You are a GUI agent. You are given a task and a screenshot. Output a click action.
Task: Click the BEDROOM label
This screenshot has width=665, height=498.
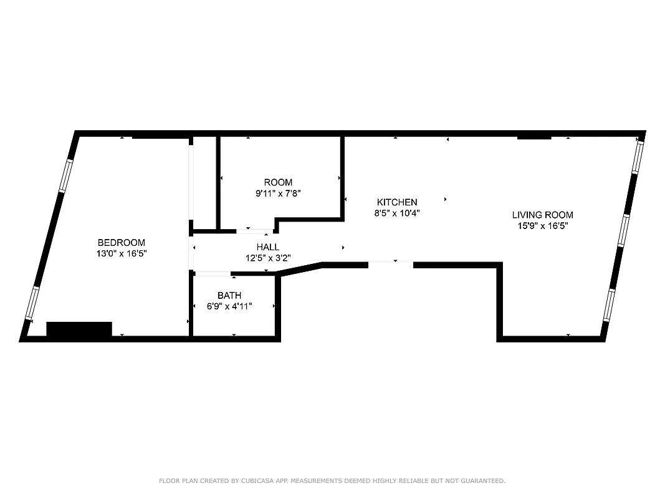point(122,242)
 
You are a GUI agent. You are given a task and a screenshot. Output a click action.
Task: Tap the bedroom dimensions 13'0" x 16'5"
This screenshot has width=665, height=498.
point(122,253)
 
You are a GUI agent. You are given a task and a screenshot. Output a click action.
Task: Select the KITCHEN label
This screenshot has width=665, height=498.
point(397,202)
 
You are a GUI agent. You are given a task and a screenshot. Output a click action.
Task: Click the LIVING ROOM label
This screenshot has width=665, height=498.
point(542,215)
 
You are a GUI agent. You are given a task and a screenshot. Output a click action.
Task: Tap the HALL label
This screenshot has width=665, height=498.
point(268,247)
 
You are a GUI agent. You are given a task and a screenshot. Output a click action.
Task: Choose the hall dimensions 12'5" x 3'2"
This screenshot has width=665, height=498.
point(268,258)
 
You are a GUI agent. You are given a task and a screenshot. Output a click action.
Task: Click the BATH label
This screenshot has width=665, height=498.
point(229,295)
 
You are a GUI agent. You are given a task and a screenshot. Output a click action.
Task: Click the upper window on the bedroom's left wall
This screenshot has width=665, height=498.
point(66,176)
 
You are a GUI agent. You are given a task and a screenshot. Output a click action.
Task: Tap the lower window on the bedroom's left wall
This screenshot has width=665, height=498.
point(32,303)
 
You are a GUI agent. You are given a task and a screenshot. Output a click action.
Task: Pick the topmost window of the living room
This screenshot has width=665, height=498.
point(636,156)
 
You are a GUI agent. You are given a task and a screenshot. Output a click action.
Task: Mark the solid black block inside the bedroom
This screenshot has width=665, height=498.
point(79,329)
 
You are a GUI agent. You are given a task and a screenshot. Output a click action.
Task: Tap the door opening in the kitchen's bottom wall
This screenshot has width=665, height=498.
point(391,265)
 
